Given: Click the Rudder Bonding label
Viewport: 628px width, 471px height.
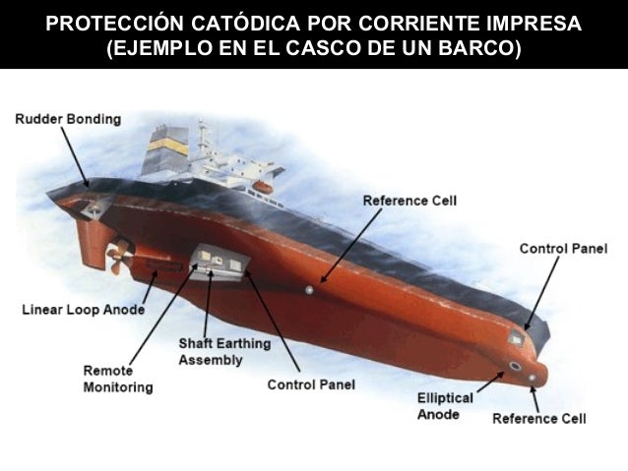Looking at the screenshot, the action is pyautogui.click(x=68, y=119).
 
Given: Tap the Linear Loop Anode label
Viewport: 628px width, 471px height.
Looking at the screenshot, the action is pyautogui.click(x=83, y=310).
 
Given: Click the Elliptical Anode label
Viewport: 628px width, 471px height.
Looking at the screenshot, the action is pyautogui.click(x=445, y=406).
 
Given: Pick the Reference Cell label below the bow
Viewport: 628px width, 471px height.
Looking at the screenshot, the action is pyautogui.click(x=538, y=419).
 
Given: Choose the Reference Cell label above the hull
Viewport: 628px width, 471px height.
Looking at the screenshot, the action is pyautogui.click(x=409, y=201).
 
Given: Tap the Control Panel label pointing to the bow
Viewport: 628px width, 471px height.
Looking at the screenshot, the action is pyautogui.click(x=564, y=248).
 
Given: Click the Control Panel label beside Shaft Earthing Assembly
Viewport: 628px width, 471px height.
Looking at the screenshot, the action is pyautogui.click(x=311, y=384).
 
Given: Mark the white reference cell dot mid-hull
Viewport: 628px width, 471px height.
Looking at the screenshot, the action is pyautogui.click(x=309, y=290).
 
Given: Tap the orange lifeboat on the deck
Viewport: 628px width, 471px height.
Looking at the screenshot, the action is pyautogui.click(x=263, y=186).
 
